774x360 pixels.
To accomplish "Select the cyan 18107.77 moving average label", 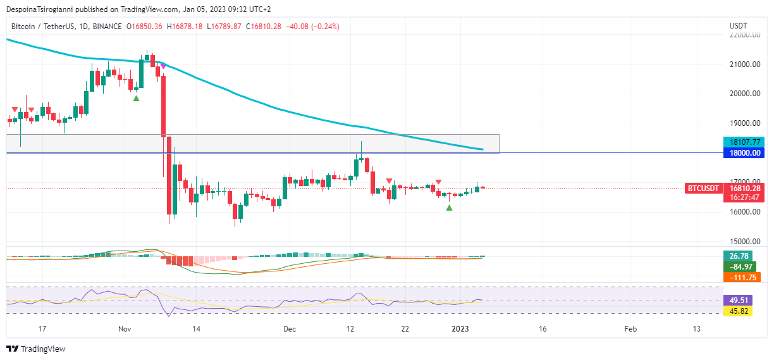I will (743, 142).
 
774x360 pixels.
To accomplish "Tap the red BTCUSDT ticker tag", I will (704, 188).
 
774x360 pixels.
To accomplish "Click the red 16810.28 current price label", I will (743, 188).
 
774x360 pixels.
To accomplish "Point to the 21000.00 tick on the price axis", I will (744, 65).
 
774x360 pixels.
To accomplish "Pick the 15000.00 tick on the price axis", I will (744, 241).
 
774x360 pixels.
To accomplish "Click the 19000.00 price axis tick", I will (744, 123).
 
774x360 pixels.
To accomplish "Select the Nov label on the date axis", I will (125, 329).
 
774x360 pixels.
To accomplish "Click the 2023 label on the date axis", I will (460, 329).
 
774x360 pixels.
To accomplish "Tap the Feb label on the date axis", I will (630, 329).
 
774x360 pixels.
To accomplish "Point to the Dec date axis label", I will (290, 329).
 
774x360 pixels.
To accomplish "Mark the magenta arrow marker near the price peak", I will (163, 66).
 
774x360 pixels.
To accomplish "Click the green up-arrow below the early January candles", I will (449, 208).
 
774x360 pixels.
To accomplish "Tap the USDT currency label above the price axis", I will (738, 25).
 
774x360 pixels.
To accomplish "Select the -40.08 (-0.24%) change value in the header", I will (313, 27).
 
